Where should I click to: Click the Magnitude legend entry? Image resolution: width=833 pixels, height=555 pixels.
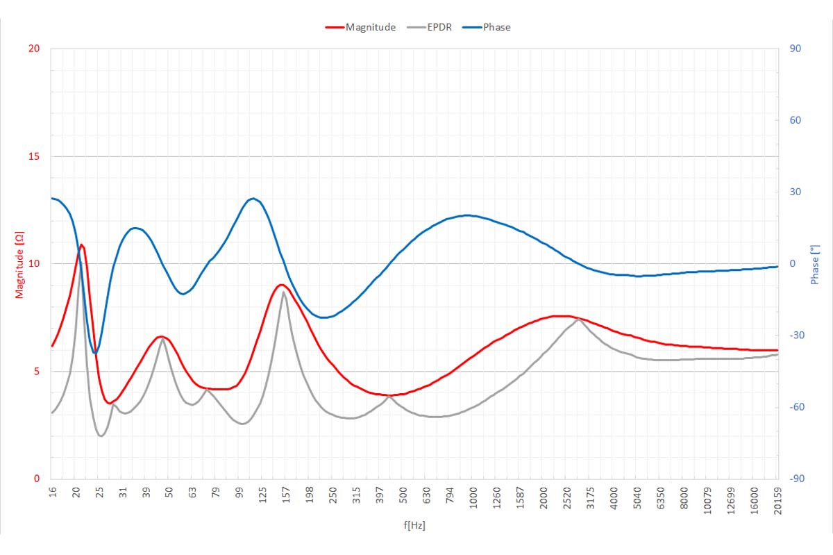pos(370,27)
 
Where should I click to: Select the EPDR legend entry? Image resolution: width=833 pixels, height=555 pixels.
pos(439,27)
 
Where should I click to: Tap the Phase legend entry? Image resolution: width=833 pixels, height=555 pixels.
pos(496,27)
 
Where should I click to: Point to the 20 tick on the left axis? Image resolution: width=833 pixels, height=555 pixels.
pos(35,49)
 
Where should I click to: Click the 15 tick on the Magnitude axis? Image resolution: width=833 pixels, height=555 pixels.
pos(35,156)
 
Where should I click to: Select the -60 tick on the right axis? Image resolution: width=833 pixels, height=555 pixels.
pos(793,407)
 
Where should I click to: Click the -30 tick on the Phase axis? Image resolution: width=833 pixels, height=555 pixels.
pos(793,336)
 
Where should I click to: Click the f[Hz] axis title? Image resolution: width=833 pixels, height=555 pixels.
pos(414,526)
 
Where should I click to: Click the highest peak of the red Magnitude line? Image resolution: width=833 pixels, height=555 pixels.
pos(82,245)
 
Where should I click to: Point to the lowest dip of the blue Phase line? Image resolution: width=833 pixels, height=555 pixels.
pos(94,353)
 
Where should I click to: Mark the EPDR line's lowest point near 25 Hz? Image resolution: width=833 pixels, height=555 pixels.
pos(101,436)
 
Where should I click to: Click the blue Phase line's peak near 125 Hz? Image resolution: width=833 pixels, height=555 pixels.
pos(253,199)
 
